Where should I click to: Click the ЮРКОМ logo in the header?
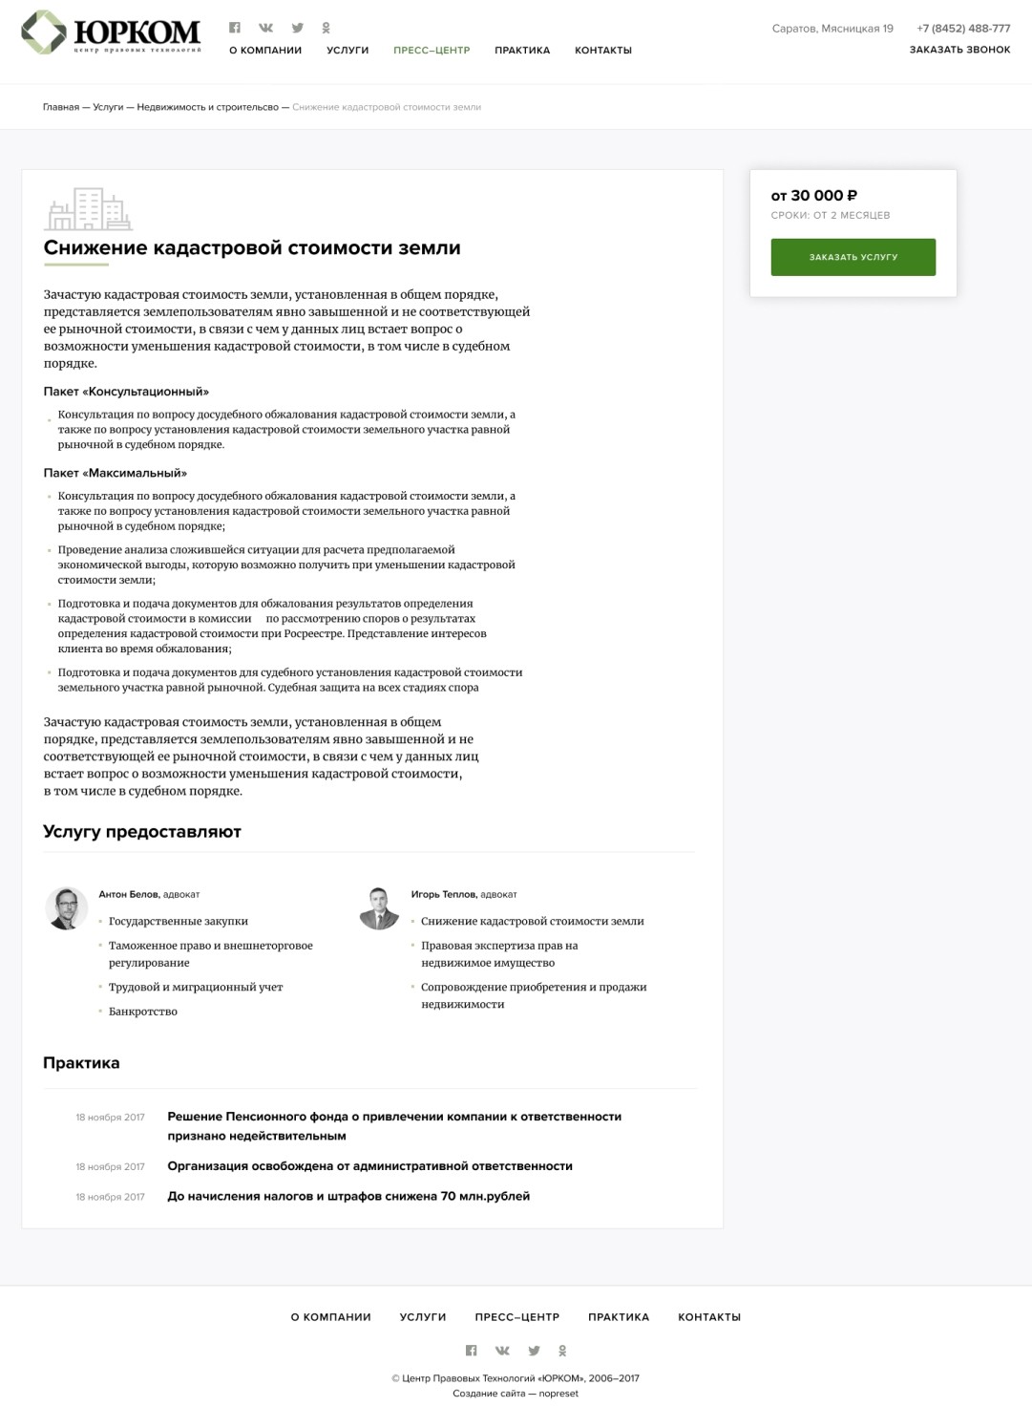click(111, 32)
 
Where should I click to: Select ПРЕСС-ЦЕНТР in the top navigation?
click(432, 51)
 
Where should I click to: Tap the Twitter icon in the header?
click(298, 28)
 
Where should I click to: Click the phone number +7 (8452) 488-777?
click(963, 29)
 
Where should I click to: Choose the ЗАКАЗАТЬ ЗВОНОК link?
click(959, 50)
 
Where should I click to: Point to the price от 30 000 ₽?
click(813, 196)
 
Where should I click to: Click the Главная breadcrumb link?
click(61, 107)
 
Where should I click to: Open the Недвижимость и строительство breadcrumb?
click(207, 107)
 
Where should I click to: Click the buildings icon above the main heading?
click(88, 209)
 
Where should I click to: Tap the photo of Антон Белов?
click(66, 907)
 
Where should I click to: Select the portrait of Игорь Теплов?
click(379, 907)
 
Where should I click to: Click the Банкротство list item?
click(143, 1012)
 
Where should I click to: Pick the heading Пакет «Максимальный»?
click(116, 473)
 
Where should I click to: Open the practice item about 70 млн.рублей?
click(348, 1196)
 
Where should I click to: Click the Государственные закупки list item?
click(179, 922)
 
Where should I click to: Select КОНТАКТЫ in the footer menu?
click(709, 1317)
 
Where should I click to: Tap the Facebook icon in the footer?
click(471, 1351)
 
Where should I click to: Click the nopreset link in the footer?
click(558, 1394)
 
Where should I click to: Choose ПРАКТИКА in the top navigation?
click(522, 51)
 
